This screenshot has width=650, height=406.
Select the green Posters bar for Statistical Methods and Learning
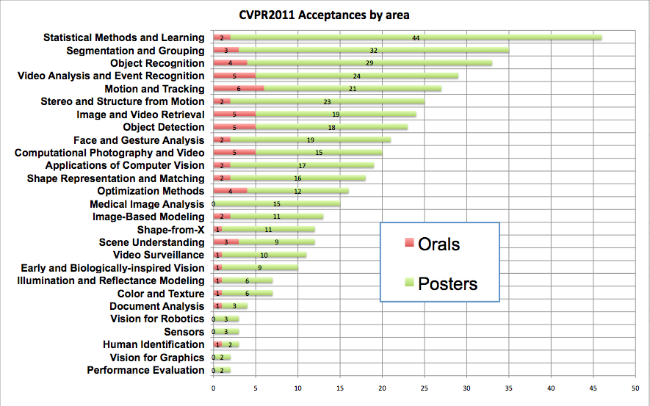click(416, 37)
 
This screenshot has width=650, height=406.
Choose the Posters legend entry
click(440, 283)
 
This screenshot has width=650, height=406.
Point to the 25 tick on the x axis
click(425, 388)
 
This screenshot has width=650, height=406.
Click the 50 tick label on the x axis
click(635, 388)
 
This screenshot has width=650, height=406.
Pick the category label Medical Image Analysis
click(147, 204)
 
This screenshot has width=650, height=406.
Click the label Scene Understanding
click(152, 242)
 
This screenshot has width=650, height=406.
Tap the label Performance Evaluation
click(145, 370)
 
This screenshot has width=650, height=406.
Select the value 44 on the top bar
click(416, 37)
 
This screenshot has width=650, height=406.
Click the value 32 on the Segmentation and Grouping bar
click(373, 51)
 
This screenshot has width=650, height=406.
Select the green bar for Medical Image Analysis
click(277, 204)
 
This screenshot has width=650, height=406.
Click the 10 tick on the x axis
click(297, 388)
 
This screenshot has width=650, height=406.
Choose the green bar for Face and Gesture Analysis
click(310, 140)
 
